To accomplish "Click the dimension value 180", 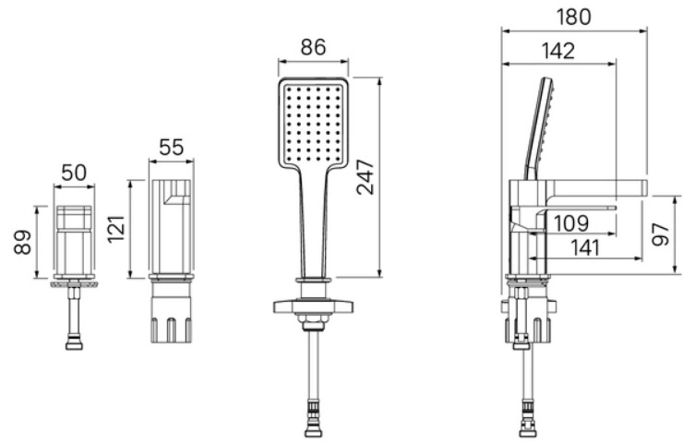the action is pos(574,17).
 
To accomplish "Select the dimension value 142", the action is pos(558,51).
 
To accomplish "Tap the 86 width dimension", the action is pos(313,47).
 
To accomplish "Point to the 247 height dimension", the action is pos(365,177).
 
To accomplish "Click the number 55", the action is pos(171,148).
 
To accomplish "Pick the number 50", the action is pos(74,173).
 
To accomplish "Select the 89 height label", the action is pos(23,242).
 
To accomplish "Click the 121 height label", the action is pos(116,229).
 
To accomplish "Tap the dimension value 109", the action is pos(571,223).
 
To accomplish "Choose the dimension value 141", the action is pos(585,248).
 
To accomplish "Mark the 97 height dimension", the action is pos(661,234).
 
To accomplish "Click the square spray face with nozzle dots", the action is pos(313,124).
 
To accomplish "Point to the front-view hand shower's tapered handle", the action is pos(314,222).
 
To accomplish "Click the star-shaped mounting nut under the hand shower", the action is pos(313,306).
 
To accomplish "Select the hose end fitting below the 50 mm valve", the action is pos(74,343).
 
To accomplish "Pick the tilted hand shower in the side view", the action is pos(541,128).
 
